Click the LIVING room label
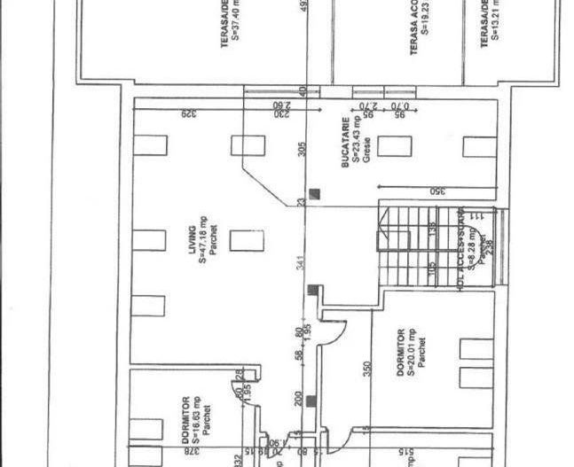tap(196, 241)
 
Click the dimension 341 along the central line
tap(302, 264)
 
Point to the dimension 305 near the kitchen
tap(302, 149)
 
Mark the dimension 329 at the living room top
tap(187, 113)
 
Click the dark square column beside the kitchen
tap(316, 194)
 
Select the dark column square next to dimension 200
tap(311, 401)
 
